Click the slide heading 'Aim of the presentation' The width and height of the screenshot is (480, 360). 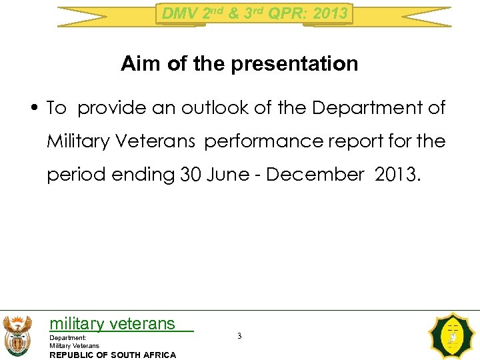click(239, 64)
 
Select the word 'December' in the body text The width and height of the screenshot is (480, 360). click(315, 175)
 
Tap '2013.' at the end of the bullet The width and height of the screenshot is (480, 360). click(398, 175)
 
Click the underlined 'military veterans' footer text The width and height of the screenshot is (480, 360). click(112, 324)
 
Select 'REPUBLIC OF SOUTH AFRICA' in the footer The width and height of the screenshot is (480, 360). click(113, 355)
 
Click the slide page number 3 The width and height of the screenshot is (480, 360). click(239, 336)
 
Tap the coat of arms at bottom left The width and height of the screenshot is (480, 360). click(17, 335)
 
